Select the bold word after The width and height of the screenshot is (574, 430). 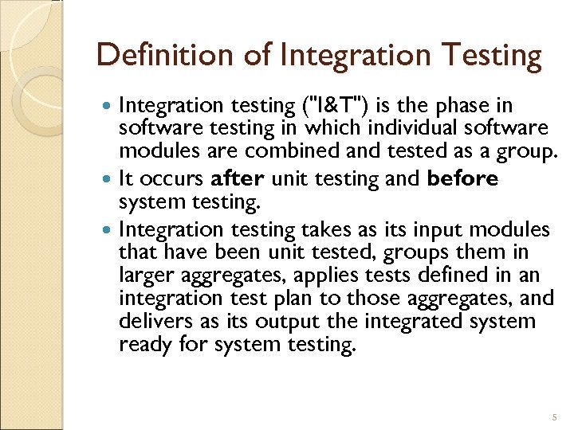(239, 179)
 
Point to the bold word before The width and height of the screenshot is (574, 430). (462, 179)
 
